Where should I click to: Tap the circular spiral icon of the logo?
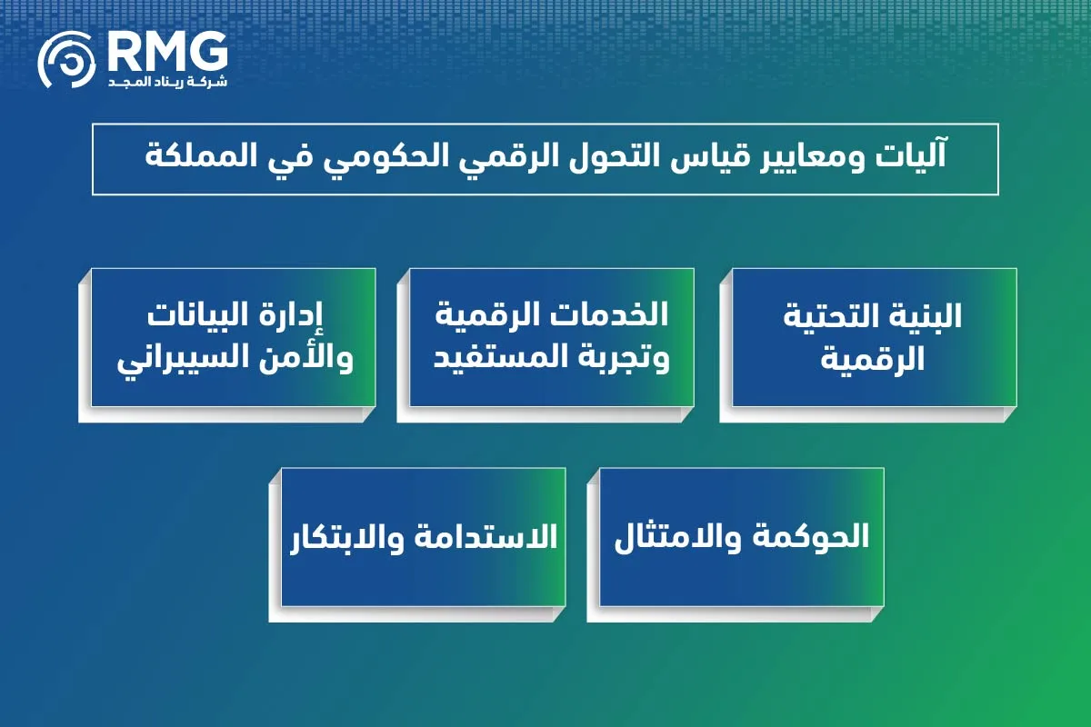tap(66, 61)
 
